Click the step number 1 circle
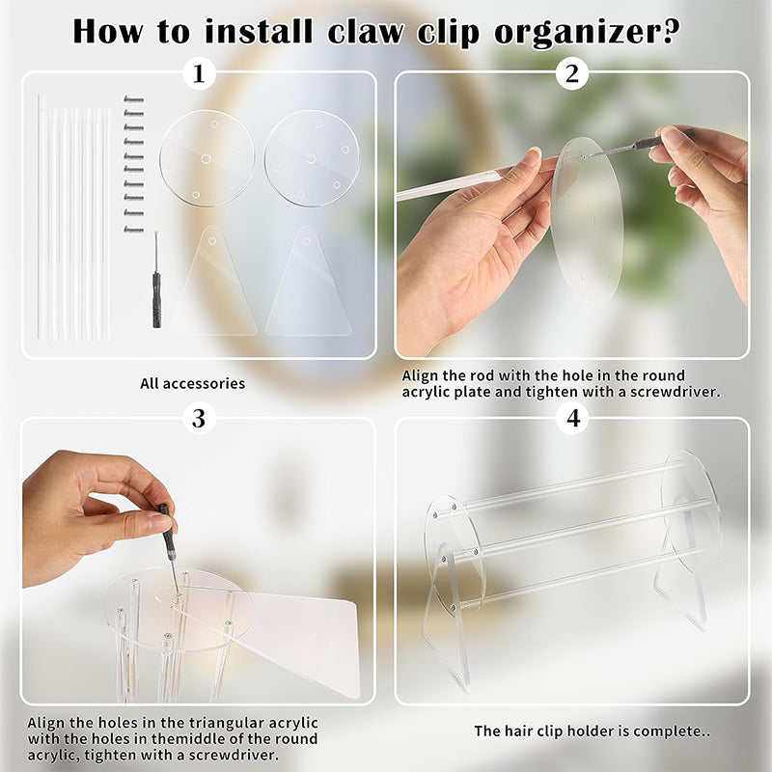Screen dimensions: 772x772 (x=199, y=73)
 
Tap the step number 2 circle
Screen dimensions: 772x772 (x=573, y=73)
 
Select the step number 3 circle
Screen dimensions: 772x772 (x=199, y=418)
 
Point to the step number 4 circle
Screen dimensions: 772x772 (x=573, y=418)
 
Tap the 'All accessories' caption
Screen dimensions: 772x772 (x=193, y=383)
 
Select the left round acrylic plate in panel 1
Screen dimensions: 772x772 (x=207, y=158)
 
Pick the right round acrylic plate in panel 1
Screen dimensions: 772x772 (x=312, y=158)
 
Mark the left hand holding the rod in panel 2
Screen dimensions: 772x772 (x=463, y=261)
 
